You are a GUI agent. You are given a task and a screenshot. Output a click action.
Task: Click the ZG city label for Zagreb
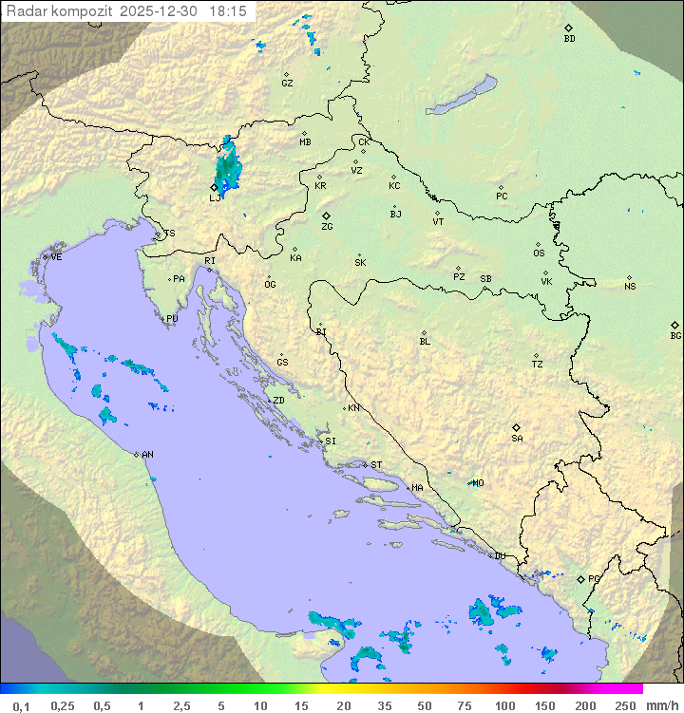coord(327,227)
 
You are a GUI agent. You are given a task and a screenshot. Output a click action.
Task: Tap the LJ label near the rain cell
coord(215,198)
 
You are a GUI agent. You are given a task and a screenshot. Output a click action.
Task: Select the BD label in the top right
coord(569,39)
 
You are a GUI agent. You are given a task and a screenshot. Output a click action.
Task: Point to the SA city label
coord(517,439)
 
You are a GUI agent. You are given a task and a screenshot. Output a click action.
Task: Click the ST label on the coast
coord(376,465)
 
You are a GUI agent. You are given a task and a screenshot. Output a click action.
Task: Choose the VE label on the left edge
coord(56,256)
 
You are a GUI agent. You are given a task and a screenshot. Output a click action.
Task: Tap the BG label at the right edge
coord(675,335)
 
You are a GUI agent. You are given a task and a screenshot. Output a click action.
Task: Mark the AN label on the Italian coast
coord(147,455)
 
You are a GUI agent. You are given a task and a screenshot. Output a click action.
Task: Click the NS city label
coord(630,287)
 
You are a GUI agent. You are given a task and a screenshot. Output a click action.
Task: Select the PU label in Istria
coord(172,319)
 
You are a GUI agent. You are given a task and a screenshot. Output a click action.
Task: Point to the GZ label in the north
coord(287,84)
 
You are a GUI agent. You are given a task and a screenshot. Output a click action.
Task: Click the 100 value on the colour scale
coord(504,705)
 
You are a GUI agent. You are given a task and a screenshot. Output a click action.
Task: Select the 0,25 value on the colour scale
coord(63,705)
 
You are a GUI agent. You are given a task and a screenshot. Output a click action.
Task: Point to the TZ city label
coord(538,364)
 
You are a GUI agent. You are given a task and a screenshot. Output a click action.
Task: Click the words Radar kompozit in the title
coord(59,10)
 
